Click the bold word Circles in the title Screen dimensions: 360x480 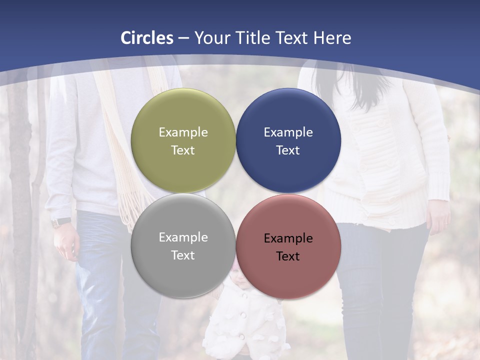[x=146, y=38]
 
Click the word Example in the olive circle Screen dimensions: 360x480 [x=183, y=132]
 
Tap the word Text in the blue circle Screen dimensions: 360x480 [x=288, y=150]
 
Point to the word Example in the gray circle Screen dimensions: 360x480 [x=183, y=237]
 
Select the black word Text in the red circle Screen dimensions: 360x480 [x=288, y=256]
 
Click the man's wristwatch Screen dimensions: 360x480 [x=60, y=222]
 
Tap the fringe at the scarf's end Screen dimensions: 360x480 [x=131, y=210]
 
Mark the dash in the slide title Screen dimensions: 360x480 [x=183, y=38]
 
